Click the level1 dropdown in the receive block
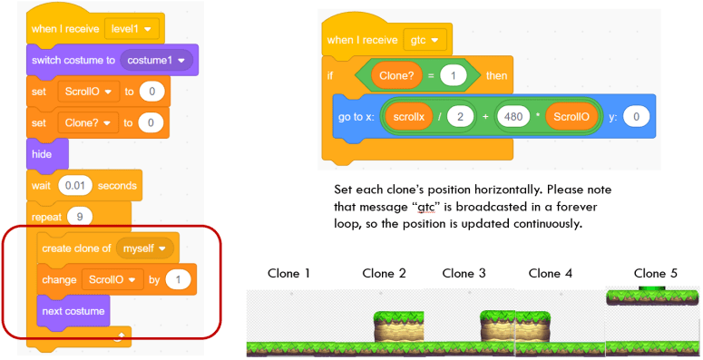click(132, 28)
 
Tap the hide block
click(43, 154)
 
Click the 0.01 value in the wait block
click(75, 186)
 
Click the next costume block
click(74, 310)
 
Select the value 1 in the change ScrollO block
click(180, 279)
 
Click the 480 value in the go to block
click(513, 118)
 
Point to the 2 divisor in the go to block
click(461, 118)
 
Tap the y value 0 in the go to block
click(637, 118)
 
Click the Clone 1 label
click(289, 273)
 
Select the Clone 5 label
click(655, 272)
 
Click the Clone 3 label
click(464, 273)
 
